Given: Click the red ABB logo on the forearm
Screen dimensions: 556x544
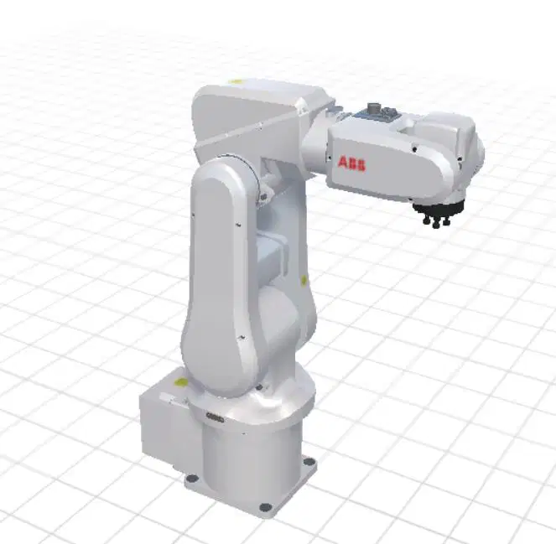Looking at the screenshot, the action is (x=351, y=163).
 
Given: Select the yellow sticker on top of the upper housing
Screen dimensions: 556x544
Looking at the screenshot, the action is (x=234, y=81).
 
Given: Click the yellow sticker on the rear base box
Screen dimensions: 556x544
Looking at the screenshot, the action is (x=181, y=382).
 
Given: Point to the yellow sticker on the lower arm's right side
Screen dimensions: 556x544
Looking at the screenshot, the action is (x=304, y=281).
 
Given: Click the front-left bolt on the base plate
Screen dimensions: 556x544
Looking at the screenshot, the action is (x=193, y=479).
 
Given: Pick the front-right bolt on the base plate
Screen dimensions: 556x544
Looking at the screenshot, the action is (x=264, y=507).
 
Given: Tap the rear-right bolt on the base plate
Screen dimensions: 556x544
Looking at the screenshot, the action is (x=309, y=461).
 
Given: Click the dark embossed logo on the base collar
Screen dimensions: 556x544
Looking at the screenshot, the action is (x=215, y=417).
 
